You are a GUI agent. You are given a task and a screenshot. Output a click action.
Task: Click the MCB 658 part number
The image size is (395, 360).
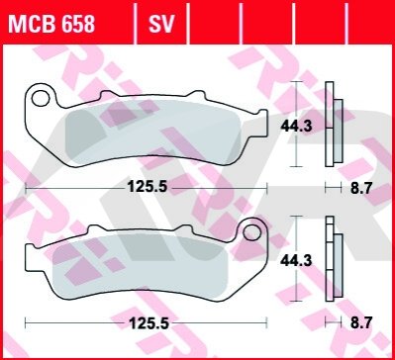[51, 24]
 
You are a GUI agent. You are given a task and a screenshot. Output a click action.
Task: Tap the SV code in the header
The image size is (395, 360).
[161, 24]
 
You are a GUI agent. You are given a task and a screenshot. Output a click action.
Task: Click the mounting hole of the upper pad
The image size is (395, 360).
[41, 99]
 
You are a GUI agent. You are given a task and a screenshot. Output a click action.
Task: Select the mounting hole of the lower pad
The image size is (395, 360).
[251, 232]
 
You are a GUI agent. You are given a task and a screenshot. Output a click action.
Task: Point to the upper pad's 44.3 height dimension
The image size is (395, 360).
[296, 127]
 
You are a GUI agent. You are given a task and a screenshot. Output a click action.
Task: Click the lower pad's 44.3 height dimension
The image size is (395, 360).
[296, 261]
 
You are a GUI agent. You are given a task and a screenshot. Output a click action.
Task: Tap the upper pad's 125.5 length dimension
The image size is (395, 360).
[148, 188]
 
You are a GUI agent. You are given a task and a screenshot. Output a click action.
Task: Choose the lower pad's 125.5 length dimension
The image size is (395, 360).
[148, 323]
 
